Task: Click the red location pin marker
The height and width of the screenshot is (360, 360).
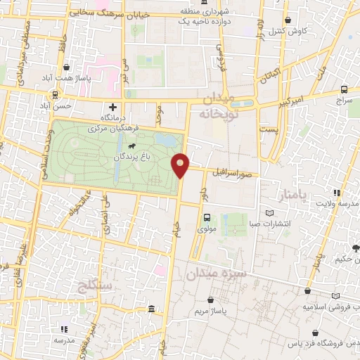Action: click(x=181, y=165)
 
